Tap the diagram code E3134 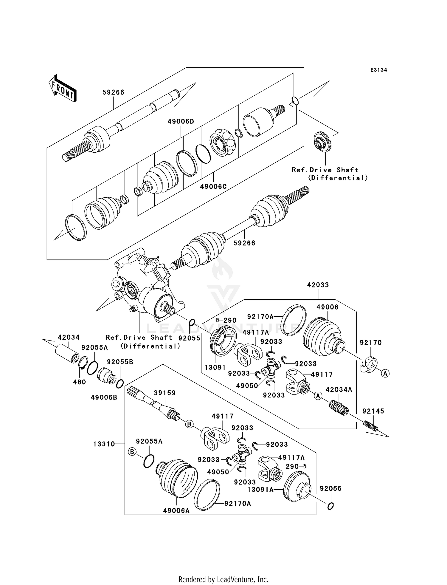point(378,70)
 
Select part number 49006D point(181,121)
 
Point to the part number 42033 point(318,285)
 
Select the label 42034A point(339,389)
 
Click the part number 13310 point(104,444)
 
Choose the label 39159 point(164,393)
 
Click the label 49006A point(176,511)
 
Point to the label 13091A point(260,489)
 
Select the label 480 point(79,382)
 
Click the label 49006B point(104,397)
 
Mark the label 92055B point(120,362)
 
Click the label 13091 point(215,367)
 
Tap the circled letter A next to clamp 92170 point(385,373)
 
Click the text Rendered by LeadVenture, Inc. point(223,579)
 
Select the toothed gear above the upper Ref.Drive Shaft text point(323,142)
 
